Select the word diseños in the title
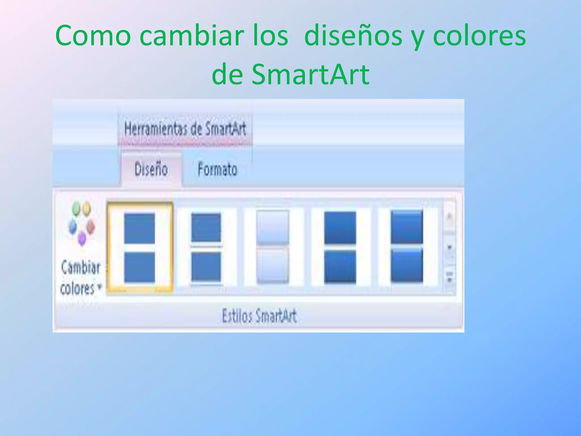353,36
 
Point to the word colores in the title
479,36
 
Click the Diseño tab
151,169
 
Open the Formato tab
217,169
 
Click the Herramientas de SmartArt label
185,129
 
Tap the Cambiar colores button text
81,278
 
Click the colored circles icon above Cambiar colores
81,223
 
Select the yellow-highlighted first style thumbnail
140,247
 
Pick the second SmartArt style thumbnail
206,247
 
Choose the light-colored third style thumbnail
273,247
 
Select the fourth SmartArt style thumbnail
340,247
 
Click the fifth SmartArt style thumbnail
407,247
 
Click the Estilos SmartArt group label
259,316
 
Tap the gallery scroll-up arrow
449,217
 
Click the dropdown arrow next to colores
99,287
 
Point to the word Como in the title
93,36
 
